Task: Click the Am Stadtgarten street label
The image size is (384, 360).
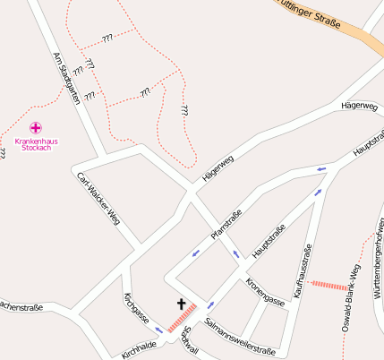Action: click(x=66, y=78)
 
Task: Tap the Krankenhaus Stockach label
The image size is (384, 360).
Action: click(x=36, y=143)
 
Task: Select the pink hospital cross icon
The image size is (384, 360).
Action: click(x=36, y=128)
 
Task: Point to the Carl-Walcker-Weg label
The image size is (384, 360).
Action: click(x=98, y=196)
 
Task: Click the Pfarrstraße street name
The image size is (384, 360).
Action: click(x=226, y=224)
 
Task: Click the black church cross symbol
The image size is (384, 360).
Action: click(x=181, y=304)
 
